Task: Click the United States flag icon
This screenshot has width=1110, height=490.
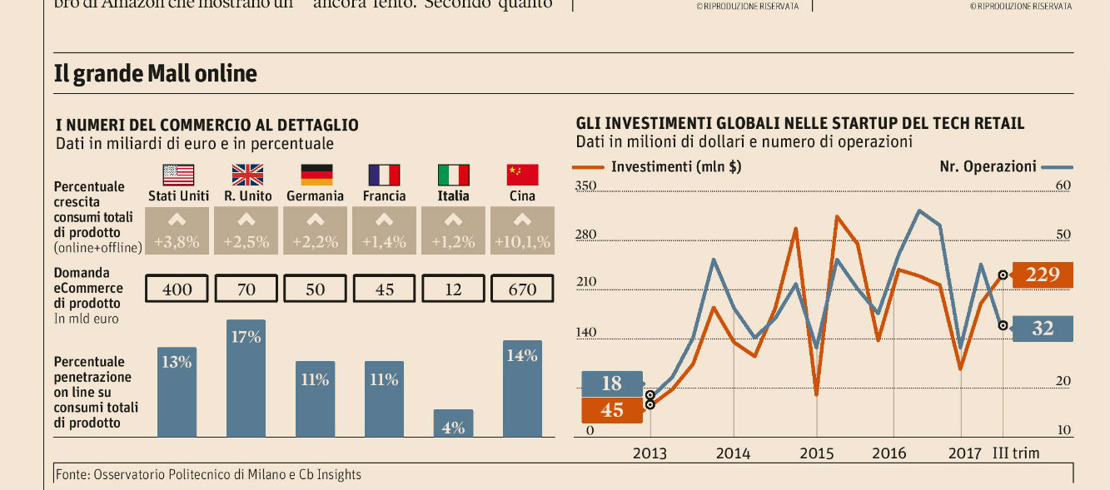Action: (178, 175)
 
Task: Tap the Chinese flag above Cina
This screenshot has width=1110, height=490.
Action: (522, 175)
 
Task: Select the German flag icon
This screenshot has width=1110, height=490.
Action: (316, 175)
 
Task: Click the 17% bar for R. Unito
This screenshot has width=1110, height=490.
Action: (246, 378)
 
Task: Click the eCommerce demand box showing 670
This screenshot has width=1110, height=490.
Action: (522, 289)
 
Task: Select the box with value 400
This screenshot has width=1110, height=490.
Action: (177, 289)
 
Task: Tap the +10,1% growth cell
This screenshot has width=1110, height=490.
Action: (522, 231)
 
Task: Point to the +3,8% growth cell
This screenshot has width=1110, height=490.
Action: (177, 231)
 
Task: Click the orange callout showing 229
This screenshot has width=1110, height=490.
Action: (1042, 275)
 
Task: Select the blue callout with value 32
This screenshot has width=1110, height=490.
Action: (1042, 329)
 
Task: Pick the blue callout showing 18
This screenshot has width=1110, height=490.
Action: (612, 384)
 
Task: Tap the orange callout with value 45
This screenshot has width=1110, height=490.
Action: (612, 410)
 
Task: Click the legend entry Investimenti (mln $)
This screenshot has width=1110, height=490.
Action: (675, 166)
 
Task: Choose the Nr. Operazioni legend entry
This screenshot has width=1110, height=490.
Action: (988, 166)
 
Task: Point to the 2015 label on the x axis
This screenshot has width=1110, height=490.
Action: (816, 453)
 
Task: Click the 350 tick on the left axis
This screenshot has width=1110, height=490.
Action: (585, 186)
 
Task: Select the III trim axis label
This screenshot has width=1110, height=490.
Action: (1016, 453)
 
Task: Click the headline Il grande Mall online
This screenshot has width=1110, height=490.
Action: (156, 74)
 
